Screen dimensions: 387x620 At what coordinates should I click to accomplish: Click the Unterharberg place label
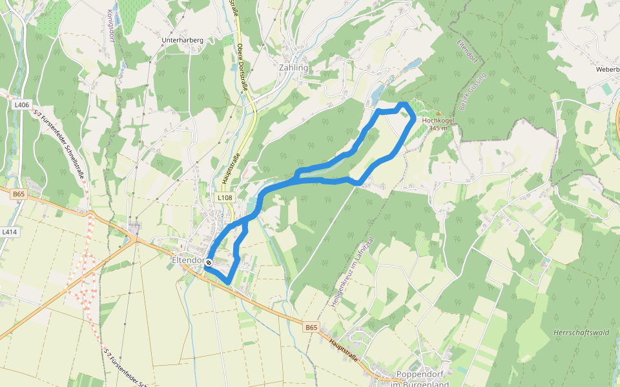click(x=182, y=40)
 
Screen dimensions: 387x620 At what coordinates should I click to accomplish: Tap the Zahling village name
click(x=294, y=67)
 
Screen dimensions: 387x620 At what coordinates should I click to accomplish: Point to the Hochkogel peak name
click(x=438, y=121)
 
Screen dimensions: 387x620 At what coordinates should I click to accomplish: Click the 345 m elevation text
click(x=438, y=128)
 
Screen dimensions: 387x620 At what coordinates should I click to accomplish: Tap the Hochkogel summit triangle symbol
click(x=439, y=113)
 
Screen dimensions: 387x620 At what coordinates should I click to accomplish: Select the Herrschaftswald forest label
click(x=581, y=332)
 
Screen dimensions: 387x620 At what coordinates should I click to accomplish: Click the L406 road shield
click(x=21, y=104)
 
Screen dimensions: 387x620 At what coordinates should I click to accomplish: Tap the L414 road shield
click(x=9, y=231)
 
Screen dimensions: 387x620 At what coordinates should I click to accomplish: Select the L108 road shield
click(x=224, y=197)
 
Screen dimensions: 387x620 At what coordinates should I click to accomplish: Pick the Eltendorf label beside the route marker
click(x=188, y=260)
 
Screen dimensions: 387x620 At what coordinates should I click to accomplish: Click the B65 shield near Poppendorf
click(x=311, y=328)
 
